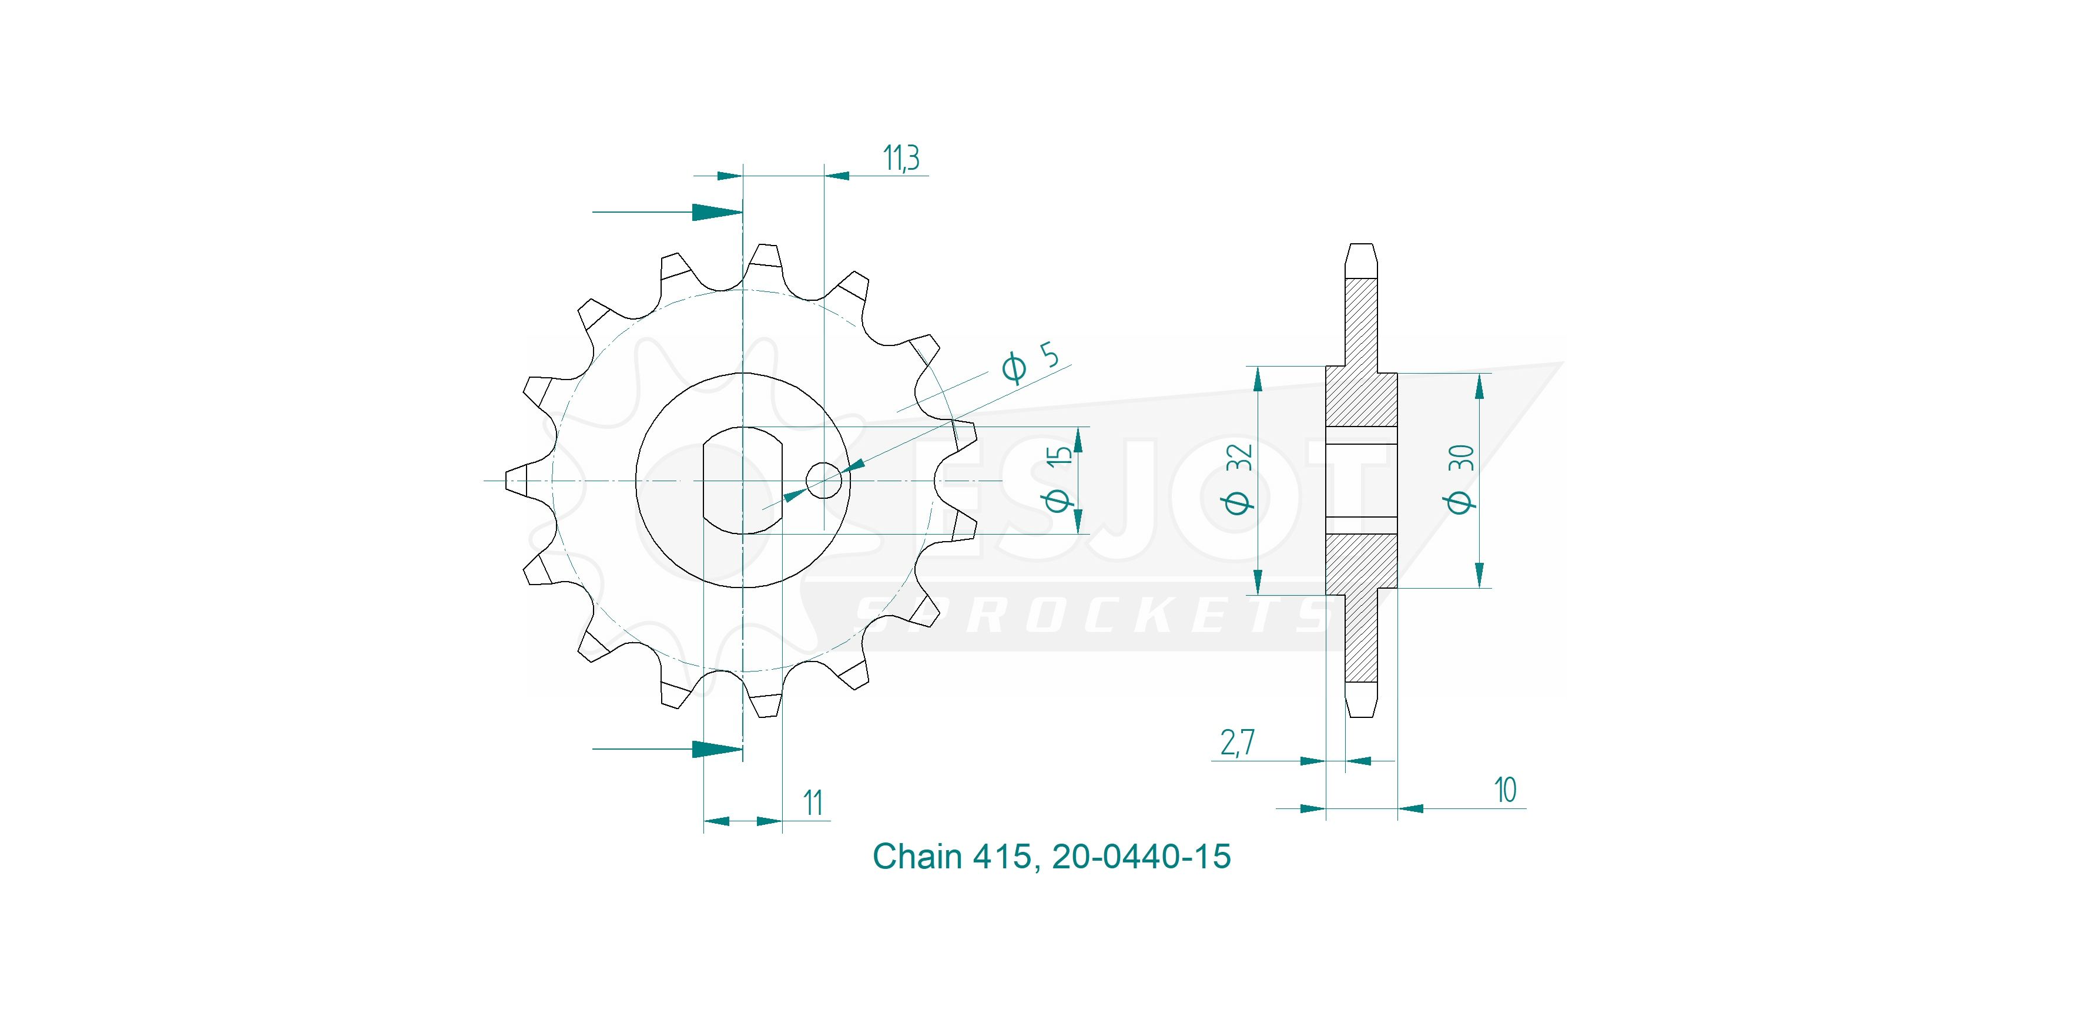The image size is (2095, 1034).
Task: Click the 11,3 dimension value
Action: pos(901,159)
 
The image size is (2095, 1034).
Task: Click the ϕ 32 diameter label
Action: pos(1237,479)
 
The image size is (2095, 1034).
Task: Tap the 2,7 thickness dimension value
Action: pos(1237,742)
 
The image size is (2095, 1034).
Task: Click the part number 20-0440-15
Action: pos(1141,856)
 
